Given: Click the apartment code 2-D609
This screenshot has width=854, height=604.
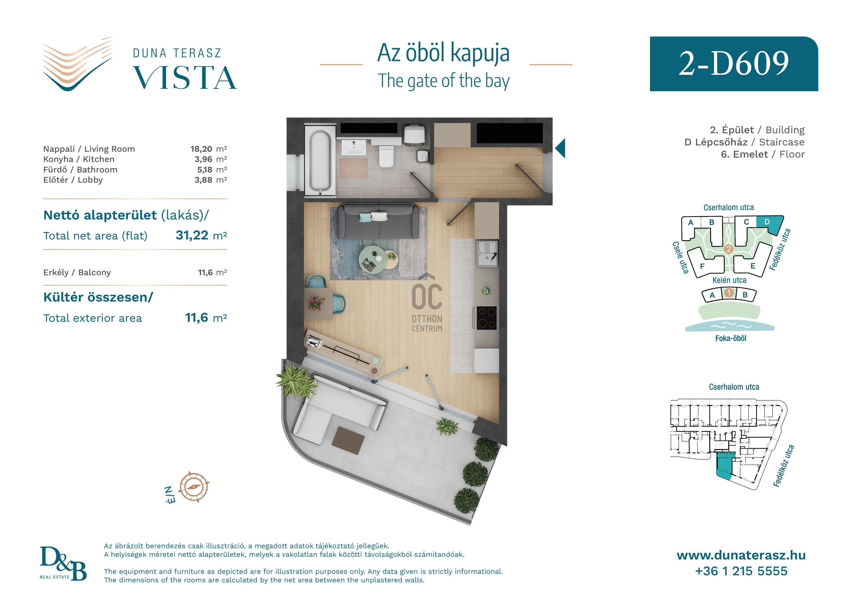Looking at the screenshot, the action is pyautogui.click(x=733, y=63).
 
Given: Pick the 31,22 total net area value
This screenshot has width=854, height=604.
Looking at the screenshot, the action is pyautogui.click(x=192, y=235).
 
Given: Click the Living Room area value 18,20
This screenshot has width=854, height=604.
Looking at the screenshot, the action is pyautogui.click(x=201, y=149).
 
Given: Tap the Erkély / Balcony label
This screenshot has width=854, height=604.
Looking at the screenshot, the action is pyautogui.click(x=77, y=273).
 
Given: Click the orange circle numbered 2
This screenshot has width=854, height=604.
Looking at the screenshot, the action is pyautogui.click(x=729, y=249).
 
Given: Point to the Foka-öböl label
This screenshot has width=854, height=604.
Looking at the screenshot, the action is pyautogui.click(x=731, y=338).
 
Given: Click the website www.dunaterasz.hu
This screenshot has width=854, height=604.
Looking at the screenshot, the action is pyautogui.click(x=741, y=555).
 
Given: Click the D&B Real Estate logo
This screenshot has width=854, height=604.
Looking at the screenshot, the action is pyautogui.click(x=63, y=563).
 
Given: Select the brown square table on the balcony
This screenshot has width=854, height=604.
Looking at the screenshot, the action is pyautogui.click(x=348, y=441).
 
